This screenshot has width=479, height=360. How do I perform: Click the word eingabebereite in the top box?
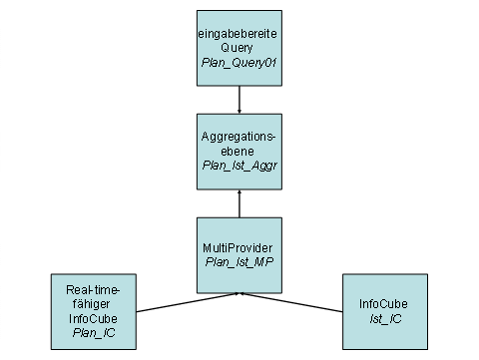pos(239,35)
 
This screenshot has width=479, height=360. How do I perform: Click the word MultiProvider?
pos(239,247)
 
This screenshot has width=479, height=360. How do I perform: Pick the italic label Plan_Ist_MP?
pos(239,261)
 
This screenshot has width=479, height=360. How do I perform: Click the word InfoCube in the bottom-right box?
pos(384,302)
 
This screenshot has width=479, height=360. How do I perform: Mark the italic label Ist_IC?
pos(384,316)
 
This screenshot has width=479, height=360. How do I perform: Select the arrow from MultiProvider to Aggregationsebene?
pos(239,204)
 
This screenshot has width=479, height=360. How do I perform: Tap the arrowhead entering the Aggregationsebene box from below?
pos(239,193)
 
